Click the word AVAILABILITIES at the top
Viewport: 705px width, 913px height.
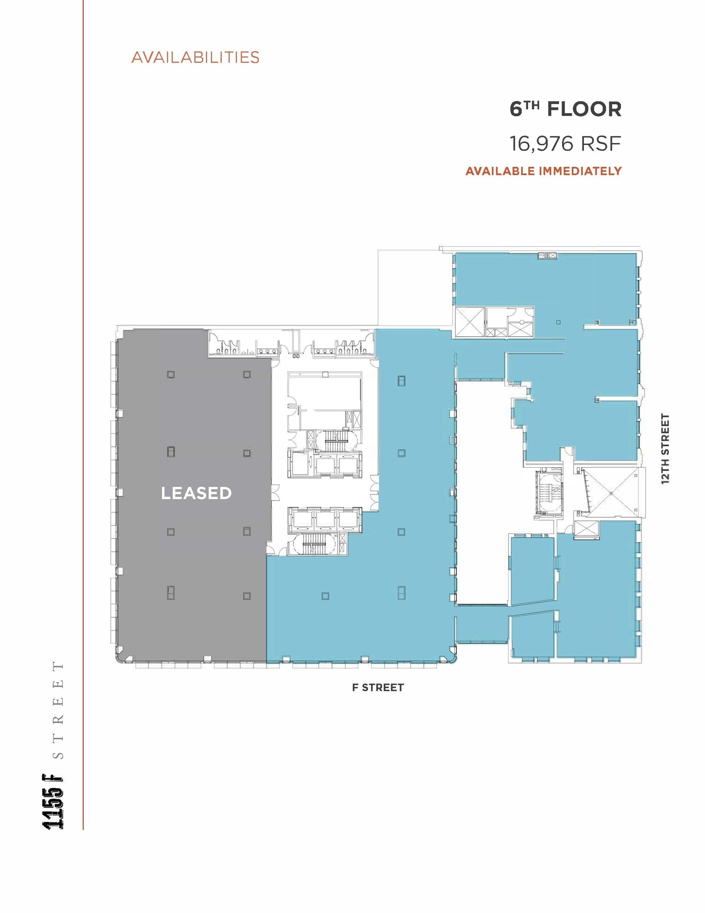195,58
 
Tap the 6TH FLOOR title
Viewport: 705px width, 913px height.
565,109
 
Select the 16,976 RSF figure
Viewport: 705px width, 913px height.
565,144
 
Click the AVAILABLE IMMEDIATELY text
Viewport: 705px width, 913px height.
543,171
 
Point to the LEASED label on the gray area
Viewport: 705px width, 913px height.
196,493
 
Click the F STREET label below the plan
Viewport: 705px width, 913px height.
378,687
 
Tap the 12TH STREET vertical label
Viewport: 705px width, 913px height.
665,448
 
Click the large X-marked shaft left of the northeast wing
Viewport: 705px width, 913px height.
469,321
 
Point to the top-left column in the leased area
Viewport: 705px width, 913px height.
171,374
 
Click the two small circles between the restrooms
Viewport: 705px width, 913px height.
296,357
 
